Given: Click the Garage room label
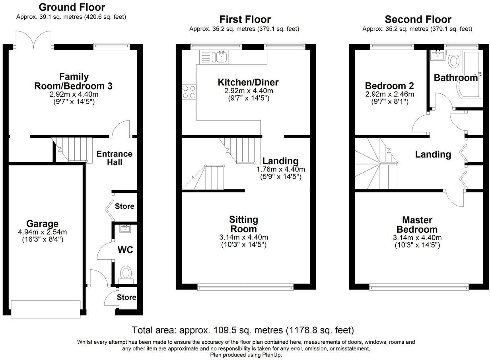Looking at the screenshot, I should pyautogui.click(x=42, y=224).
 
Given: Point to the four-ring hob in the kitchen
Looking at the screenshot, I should pyautogui.click(x=189, y=92).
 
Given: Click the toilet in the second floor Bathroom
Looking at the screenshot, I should pyautogui.click(x=453, y=61).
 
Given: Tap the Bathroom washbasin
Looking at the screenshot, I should pyautogui.click(x=437, y=54).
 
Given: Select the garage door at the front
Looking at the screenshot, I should pyautogui.click(x=45, y=309).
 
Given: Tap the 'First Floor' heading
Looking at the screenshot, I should pyautogui.click(x=245, y=19).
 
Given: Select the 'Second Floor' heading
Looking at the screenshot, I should pyautogui.click(x=418, y=19).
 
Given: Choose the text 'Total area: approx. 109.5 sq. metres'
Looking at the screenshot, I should pyautogui.click(x=208, y=330).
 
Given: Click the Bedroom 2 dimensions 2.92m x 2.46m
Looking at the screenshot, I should pyautogui.click(x=389, y=94).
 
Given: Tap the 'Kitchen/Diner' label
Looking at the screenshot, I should pyautogui.click(x=248, y=82).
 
